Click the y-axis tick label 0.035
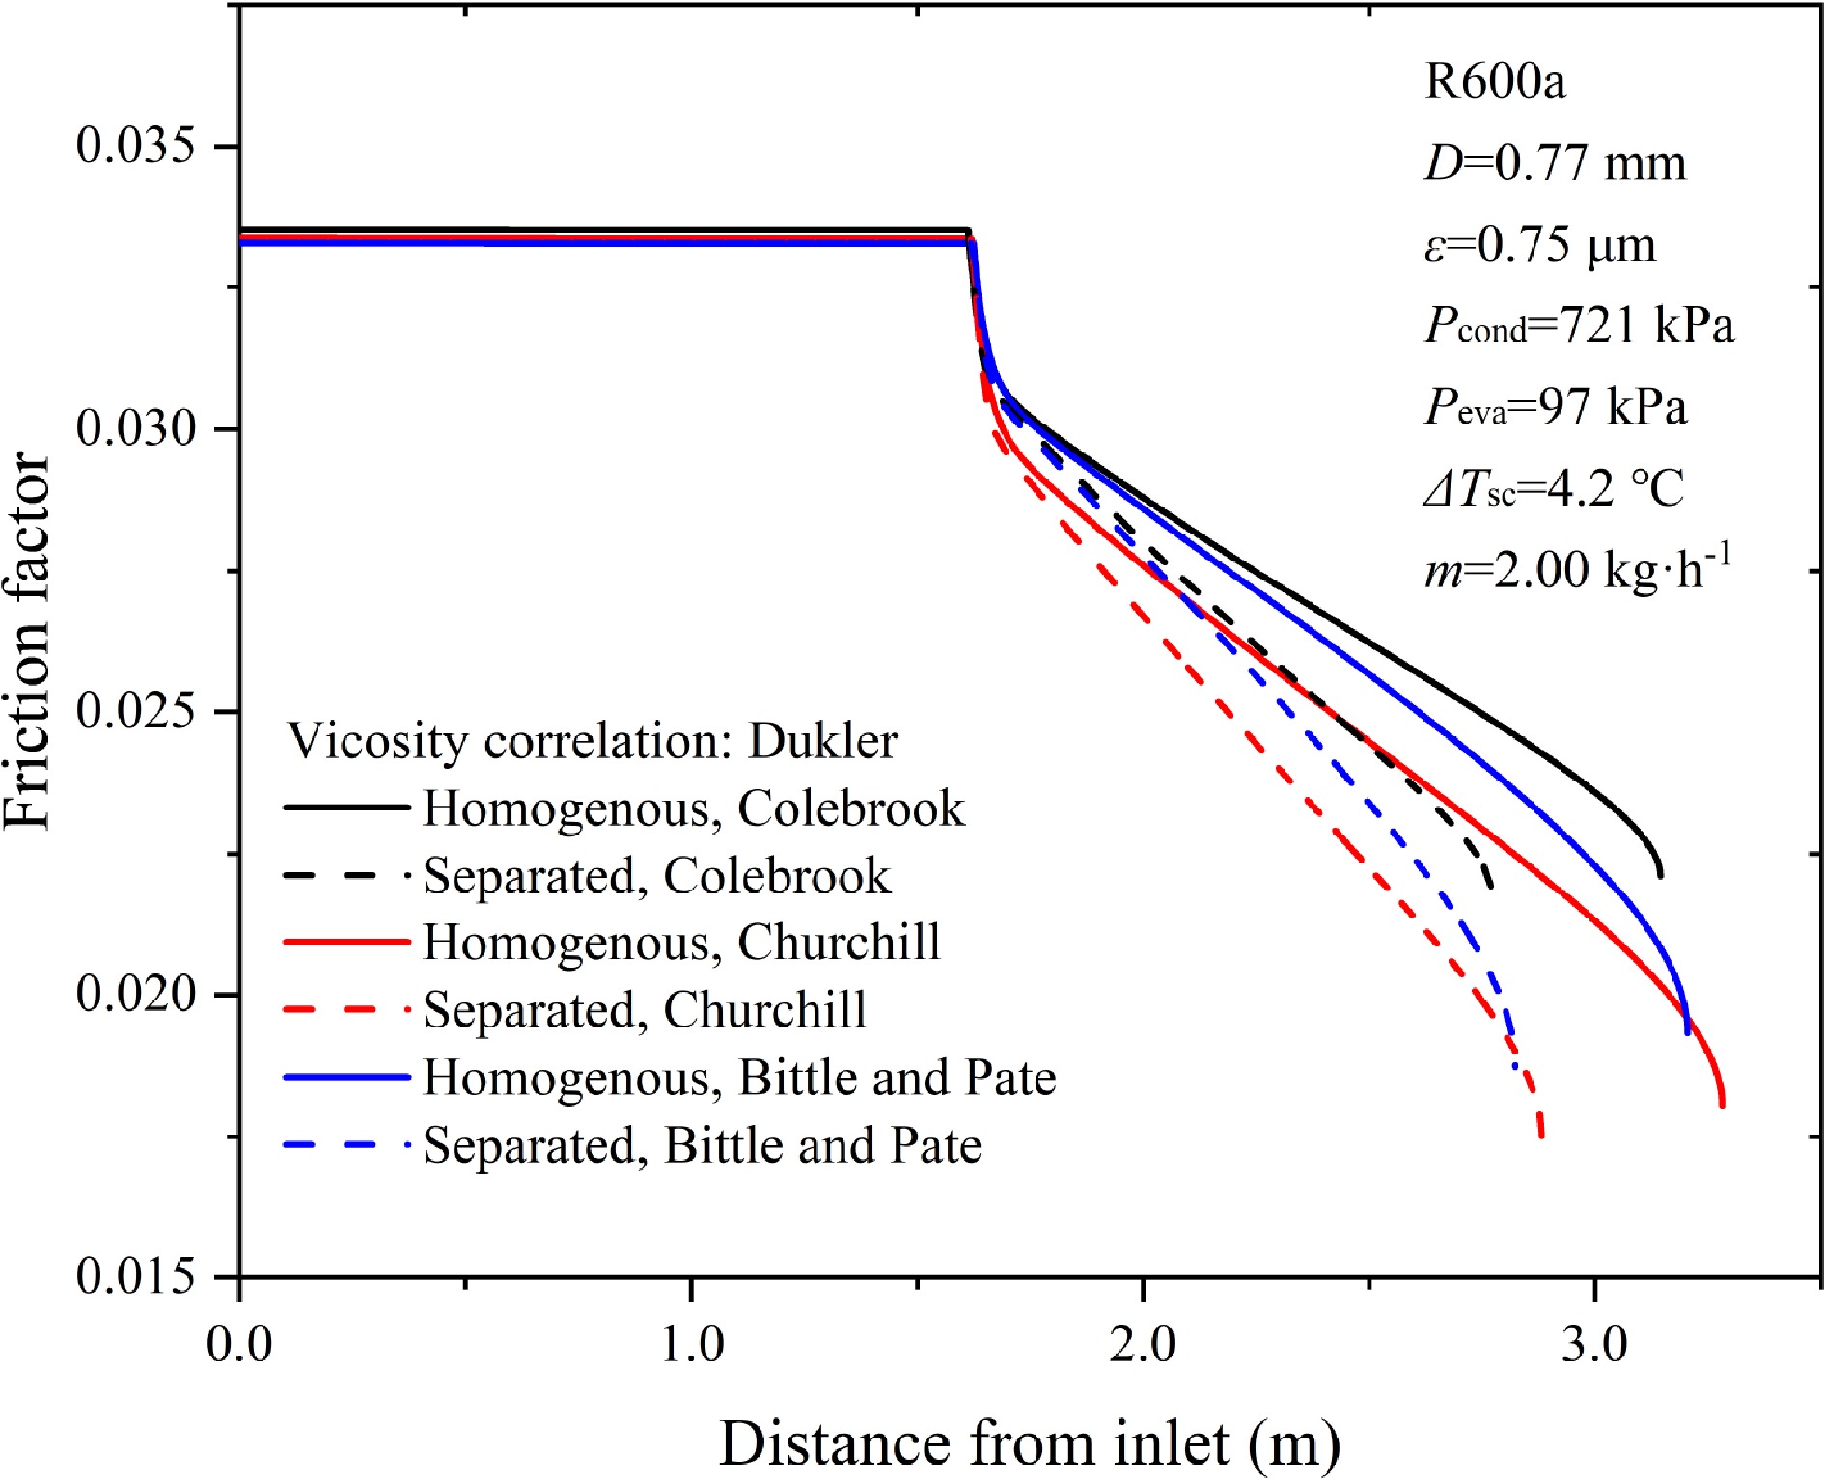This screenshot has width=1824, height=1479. pyautogui.click(x=135, y=146)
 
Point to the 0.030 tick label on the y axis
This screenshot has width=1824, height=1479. pyautogui.click(x=135, y=428)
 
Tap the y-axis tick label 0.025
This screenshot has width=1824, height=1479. pyautogui.click(x=135, y=711)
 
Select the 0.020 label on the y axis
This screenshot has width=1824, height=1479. pyautogui.click(x=135, y=994)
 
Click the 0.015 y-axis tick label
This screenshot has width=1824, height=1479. pyautogui.click(x=135, y=1276)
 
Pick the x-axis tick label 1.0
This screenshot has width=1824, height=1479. pyautogui.click(x=692, y=1344)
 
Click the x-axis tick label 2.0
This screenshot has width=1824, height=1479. pyautogui.click(x=1143, y=1344)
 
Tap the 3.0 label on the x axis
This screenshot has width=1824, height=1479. pyautogui.click(x=1594, y=1344)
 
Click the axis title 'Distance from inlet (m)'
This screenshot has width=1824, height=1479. pyautogui.click(x=1030, y=1443)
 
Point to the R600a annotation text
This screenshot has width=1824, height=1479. pyautogui.click(x=1495, y=81)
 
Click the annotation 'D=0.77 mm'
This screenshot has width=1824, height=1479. pyautogui.click(x=1555, y=163)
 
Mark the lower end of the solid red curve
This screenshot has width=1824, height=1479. pyautogui.click(x=1722, y=1105)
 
